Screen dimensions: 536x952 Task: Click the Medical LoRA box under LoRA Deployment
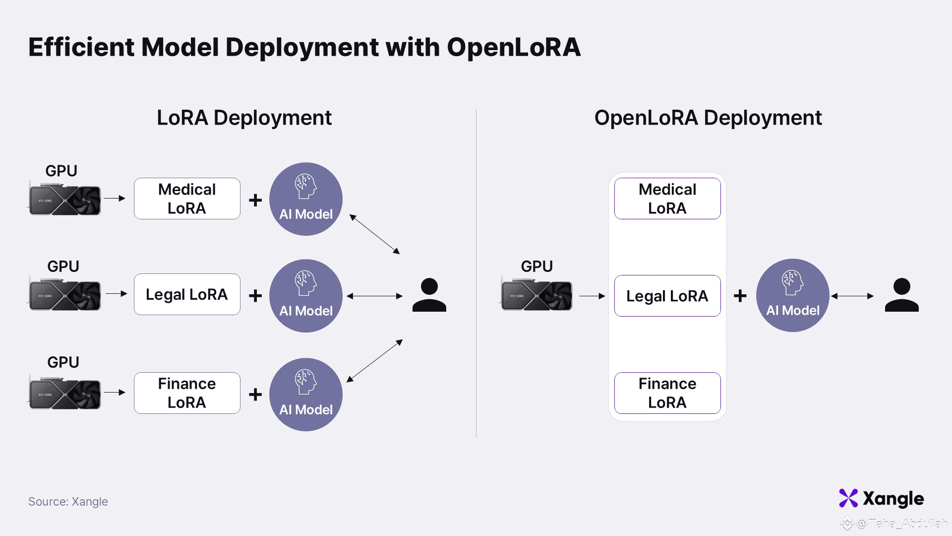pyautogui.click(x=187, y=199)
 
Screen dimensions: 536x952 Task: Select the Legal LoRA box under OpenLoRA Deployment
pyautogui.click(x=667, y=296)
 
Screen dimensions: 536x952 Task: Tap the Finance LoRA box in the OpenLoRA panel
pyautogui.click(x=667, y=393)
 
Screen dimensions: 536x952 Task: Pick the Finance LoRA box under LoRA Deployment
pyautogui.click(x=187, y=393)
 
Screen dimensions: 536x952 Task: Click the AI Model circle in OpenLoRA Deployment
pyautogui.click(x=792, y=295)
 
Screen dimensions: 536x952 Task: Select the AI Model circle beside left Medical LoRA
pyautogui.click(x=306, y=199)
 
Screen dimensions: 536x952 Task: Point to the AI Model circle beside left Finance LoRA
pyautogui.click(x=306, y=395)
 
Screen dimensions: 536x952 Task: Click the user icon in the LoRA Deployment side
pyautogui.click(x=429, y=295)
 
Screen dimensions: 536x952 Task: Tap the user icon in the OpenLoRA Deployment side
pyautogui.click(x=901, y=295)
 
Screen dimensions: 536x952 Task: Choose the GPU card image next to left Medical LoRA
pyautogui.click(x=65, y=200)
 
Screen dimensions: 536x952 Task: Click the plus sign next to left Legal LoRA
pyautogui.click(x=255, y=296)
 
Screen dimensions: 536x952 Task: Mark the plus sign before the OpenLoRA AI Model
pyautogui.click(x=740, y=296)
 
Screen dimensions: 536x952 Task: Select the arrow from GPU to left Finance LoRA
pyautogui.click(x=115, y=392)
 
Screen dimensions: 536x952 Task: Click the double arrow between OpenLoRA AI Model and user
pyautogui.click(x=852, y=296)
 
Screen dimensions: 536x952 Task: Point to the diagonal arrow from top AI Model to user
pyautogui.click(x=374, y=234)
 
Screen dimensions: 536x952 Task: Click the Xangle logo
pyautogui.click(x=881, y=498)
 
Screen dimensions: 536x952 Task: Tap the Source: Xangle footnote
pyautogui.click(x=68, y=502)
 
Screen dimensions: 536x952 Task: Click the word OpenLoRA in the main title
pyautogui.click(x=513, y=48)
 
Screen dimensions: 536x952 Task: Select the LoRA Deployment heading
pyautogui.click(x=244, y=118)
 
